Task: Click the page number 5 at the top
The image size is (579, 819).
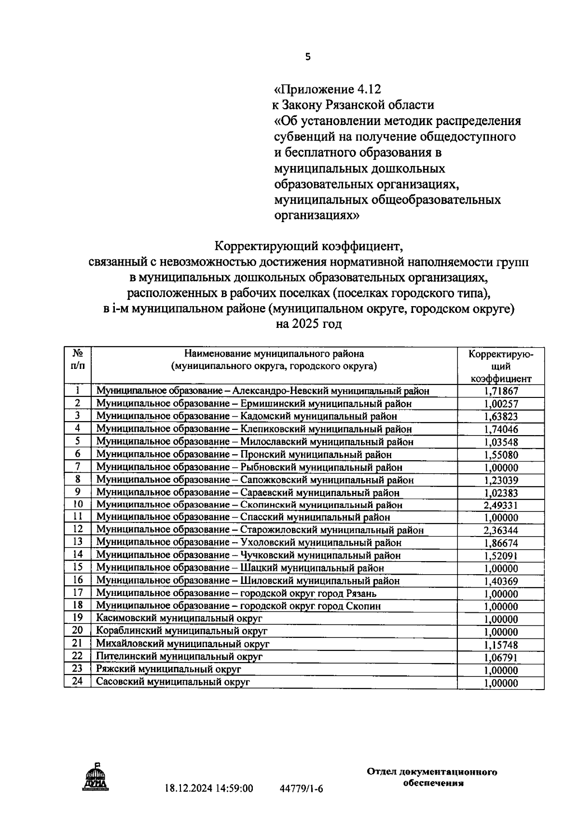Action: click(308, 57)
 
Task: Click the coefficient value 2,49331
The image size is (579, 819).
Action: click(501, 505)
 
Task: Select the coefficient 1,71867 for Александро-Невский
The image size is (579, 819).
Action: click(501, 391)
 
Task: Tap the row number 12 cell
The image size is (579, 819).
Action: click(78, 529)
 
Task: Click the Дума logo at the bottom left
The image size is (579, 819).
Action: click(95, 777)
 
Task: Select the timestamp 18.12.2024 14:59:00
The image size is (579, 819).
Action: click(209, 789)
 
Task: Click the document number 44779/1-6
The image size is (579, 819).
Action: click(301, 789)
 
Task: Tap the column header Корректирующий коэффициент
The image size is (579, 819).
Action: click(501, 366)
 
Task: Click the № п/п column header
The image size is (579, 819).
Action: click(78, 360)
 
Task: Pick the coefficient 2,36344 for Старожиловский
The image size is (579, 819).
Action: click(501, 530)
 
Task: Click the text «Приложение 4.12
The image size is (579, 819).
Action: click(327, 89)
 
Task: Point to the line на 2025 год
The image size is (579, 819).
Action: click(308, 324)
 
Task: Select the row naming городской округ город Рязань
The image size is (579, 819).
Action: click(236, 593)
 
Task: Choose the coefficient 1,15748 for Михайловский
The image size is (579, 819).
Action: click(501, 645)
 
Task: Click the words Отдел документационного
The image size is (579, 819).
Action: click(432, 772)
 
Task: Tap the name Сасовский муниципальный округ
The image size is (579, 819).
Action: click(173, 682)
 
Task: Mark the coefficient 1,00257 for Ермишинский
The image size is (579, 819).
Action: click(501, 404)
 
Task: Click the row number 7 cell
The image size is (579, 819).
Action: click(78, 466)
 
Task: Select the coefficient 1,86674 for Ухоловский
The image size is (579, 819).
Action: click(501, 543)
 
